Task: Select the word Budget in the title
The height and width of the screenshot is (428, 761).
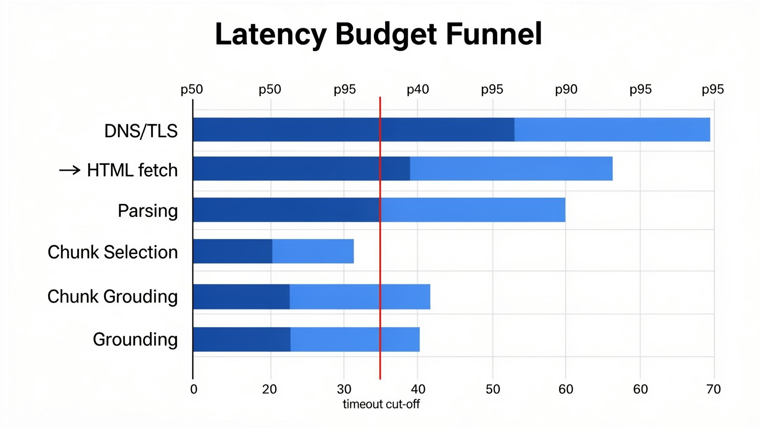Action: tap(386, 34)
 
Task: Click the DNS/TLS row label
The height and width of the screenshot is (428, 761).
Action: tap(141, 131)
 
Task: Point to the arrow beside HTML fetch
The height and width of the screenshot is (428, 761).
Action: tap(70, 170)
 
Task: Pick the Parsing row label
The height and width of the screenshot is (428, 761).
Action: tap(147, 211)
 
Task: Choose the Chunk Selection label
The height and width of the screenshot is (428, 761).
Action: tap(113, 252)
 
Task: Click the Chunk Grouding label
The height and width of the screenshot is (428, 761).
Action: tap(113, 296)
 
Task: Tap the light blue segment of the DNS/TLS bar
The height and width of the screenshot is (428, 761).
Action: tap(612, 130)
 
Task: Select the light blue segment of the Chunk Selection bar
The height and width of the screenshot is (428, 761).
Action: tap(313, 251)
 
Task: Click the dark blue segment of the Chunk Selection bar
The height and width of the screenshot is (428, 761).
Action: tap(233, 251)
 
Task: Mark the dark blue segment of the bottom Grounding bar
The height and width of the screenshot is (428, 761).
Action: tap(241, 339)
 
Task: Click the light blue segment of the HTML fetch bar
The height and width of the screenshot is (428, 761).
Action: tap(511, 168)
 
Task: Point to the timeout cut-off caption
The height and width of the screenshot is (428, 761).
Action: tap(381, 404)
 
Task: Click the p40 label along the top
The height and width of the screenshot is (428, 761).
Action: tap(418, 90)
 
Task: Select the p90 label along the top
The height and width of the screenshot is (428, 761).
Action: tap(566, 90)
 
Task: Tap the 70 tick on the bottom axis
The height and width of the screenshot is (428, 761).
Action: tap(713, 389)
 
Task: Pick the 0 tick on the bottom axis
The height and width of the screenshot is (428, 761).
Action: tap(193, 389)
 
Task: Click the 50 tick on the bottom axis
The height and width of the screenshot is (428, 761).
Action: tap(493, 389)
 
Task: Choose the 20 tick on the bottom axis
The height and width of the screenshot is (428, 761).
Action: tap(270, 389)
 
